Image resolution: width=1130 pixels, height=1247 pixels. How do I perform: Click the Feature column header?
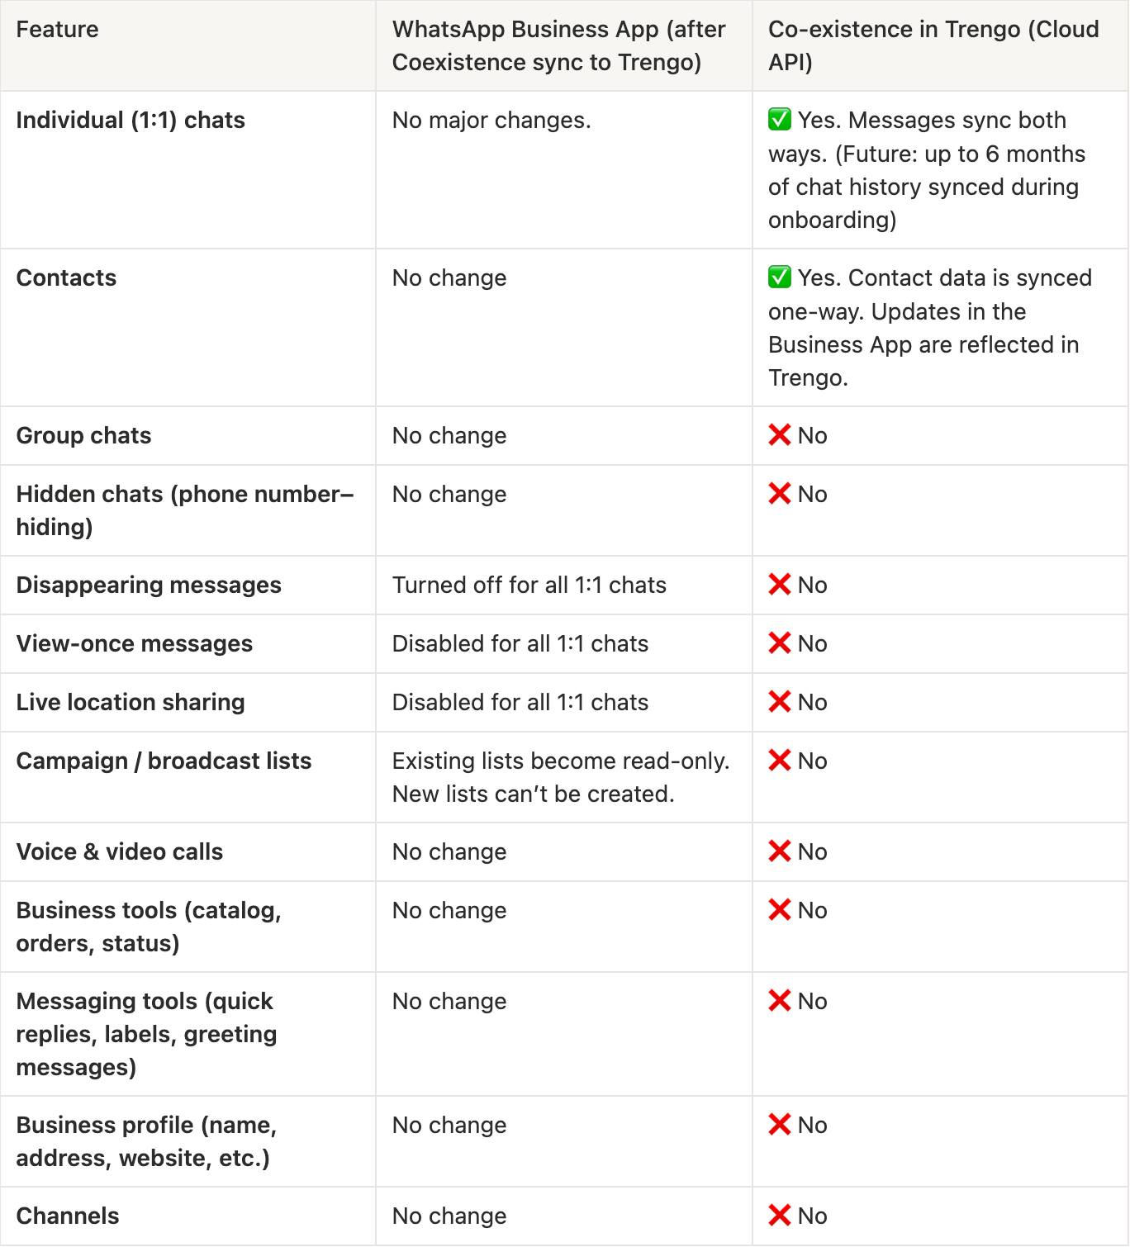pyautogui.click(x=57, y=30)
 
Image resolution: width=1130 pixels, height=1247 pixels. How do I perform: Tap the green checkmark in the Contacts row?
pyautogui.click(x=779, y=277)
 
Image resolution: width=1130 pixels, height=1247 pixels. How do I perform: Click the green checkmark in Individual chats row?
pyautogui.click(x=779, y=120)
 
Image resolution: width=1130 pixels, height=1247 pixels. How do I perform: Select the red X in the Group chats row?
pyautogui.click(x=779, y=435)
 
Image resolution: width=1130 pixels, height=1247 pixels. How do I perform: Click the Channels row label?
pyautogui.click(x=68, y=1216)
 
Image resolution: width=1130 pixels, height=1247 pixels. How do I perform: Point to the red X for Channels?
pyautogui.click(x=779, y=1216)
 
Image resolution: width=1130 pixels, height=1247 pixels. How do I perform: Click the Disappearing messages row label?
pyautogui.click(x=149, y=585)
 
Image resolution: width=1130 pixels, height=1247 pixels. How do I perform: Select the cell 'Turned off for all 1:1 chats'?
pyautogui.click(x=529, y=585)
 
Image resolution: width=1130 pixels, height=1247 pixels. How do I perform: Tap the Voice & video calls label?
pyautogui.click(x=120, y=851)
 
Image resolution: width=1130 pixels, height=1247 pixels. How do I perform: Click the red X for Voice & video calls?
pyautogui.click(x=779, y=851)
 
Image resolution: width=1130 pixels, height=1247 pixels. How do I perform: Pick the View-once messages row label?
pyautogui.click(x=135, y=643)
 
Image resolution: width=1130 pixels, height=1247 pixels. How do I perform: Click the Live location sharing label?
pyautogui.click(x=131, y=702)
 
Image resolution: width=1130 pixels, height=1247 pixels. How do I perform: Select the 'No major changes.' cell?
pyautogui.click(x=491, y=121)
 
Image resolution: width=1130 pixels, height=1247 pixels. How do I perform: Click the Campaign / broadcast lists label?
pyautogui.click(x=164, y=761)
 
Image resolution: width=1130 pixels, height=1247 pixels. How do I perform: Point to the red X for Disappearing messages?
pyautogui.click(x=779, y=585)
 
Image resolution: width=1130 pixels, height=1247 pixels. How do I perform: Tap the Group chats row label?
pyautogui.click(x=83, y=435)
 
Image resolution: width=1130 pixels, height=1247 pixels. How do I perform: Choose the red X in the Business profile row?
pyautogui.click(x=779, y=1125)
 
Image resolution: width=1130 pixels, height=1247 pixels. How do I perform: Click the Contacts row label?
pyautogui.click(x=66, y=277)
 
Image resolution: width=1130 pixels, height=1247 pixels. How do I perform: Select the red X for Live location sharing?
pyautogui.click(x=779, y=702)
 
